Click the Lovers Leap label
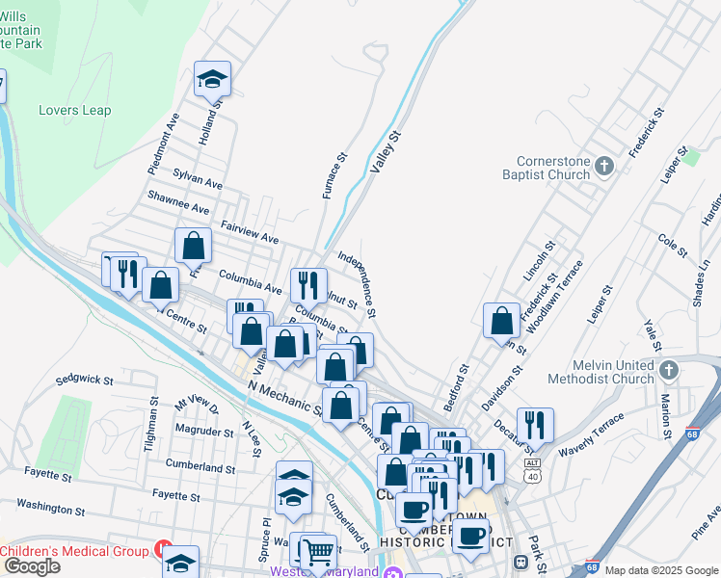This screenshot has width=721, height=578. (x=75, y=111)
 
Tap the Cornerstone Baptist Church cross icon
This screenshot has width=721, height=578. (x=604, y=167)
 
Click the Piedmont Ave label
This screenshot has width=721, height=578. (x=162, y=144)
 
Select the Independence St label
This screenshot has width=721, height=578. (x=356, y=284)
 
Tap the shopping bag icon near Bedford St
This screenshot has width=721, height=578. (x=502, y=320)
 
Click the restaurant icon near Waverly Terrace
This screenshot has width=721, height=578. (x=535, y=424)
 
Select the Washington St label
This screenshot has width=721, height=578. (x=51, y=507)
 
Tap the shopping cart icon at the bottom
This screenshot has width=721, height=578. (x=317, y=552)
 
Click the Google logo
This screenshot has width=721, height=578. (x=32, y=566)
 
